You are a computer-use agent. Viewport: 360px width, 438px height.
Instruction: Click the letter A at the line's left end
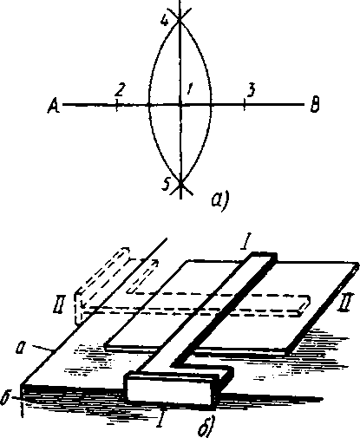(x=54, y=106)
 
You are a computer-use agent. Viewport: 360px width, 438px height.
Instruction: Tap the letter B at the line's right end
(x=315, y=105)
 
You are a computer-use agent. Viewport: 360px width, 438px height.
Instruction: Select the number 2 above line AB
(x=119, y=89)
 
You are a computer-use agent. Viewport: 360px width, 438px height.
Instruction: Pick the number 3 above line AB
(x=251, y=90)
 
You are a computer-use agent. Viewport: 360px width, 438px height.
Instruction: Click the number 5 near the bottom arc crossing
(x=166, y=184)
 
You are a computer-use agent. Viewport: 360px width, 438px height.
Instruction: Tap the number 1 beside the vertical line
(x=189, y=88)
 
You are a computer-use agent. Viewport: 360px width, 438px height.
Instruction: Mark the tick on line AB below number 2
(x=116, y=105)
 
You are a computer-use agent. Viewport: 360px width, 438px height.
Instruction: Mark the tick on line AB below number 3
(x=245, y=104)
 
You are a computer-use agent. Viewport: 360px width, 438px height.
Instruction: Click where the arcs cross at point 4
(x=180, y=20)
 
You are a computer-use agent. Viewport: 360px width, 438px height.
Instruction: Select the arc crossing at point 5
(x=180, y=183)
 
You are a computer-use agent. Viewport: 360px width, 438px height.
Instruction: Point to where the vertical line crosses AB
(x=180, y=104)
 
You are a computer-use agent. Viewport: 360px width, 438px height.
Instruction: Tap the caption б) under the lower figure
(x=207, y=426)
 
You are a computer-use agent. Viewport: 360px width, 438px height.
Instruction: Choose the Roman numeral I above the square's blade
(x=245, y=242)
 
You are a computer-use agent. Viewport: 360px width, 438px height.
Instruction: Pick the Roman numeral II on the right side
(x=345, y=303)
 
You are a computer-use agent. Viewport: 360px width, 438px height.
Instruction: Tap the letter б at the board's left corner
(x=6, y=397)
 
